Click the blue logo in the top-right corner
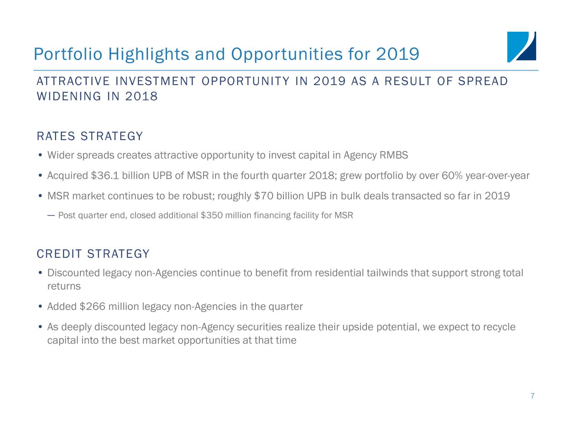pos(521,47)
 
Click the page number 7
pos(532,396)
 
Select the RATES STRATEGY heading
pos(90,136)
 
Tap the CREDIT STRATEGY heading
pos(93,254)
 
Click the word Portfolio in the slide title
pos(68,54)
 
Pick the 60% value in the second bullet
pos(452,176)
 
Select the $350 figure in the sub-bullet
pos(211,216)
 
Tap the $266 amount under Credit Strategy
pos(92,306)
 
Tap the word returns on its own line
pos(64,286)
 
